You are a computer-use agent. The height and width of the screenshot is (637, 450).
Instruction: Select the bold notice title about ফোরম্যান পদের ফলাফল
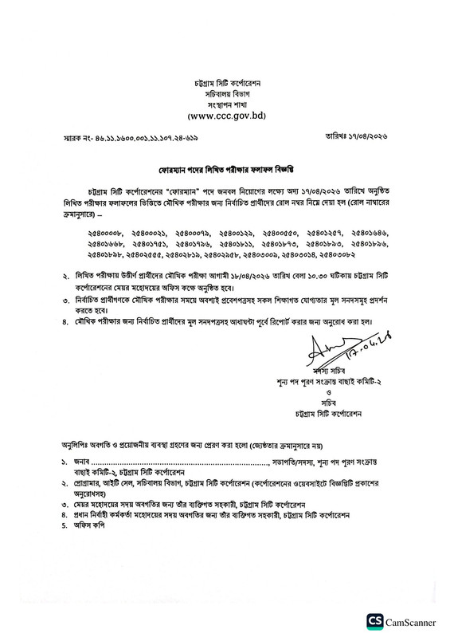(x=224, y=170)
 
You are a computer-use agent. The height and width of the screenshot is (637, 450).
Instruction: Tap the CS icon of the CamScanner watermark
(x=375, y=621)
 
